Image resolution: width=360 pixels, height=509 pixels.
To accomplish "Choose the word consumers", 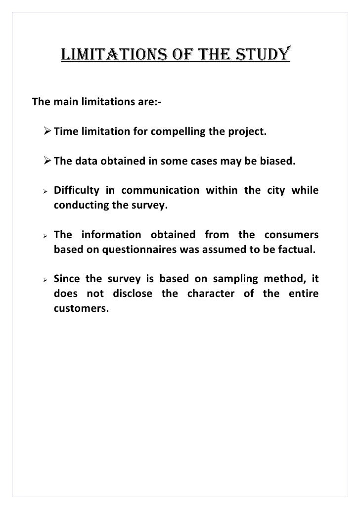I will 291,234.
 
